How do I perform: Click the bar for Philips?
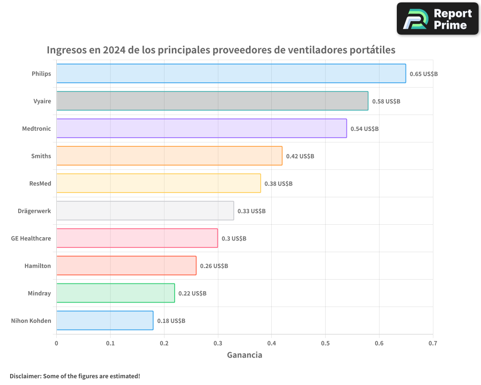pyautogui.click(x=231, y=74)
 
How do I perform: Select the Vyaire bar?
pyautogui.click(x=212, y=101)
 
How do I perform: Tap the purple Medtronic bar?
pyautogui.click(x=202, y=128)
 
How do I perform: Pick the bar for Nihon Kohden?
pyautogui.click(x=105, y=321)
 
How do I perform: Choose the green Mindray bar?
pyautogui.click(x=115, y=293)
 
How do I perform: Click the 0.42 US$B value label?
pyautogui.click(x=300, y=156)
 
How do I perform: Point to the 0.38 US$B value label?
pyautogui.click(x=278, y=184)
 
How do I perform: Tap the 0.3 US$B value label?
pyautogui.click(x=234, y=239)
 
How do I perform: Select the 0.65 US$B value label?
pyautogui.click(x=424, y=74)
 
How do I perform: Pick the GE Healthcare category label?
pyautogui.click(x=31, y=238)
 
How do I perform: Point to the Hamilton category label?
pyautogui.click(x=38, y=266)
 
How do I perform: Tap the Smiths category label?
pyautogui.click(x=41, y=156)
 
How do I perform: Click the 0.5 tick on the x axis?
pyautogui.click(x=325, y=344)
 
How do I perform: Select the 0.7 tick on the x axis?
pyautogui.click(x=433, y=344)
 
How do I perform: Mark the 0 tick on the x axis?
pyautogui.click(x=56, y=344)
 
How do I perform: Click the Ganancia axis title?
pyautogui.click(x=244, y=355)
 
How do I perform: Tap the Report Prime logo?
pyautogui.click(x=438, y=19)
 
